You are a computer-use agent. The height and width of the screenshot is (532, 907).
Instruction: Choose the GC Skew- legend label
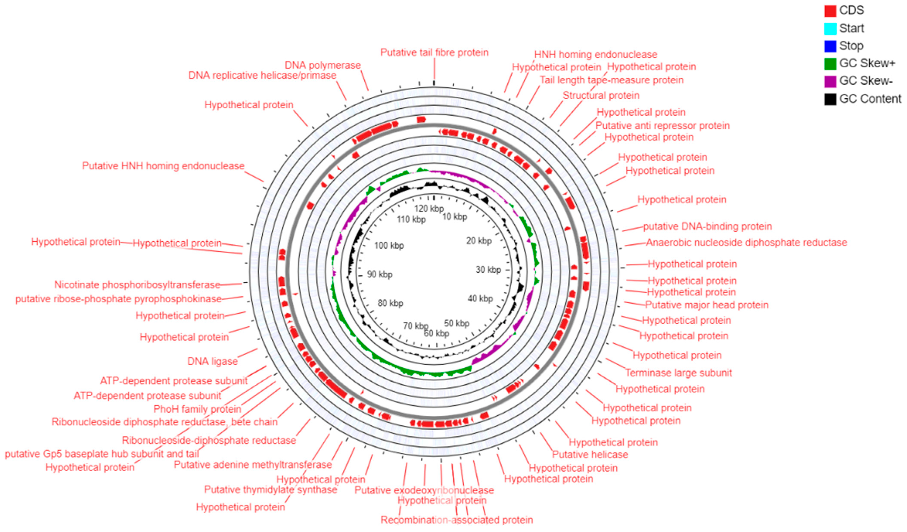point(866,81)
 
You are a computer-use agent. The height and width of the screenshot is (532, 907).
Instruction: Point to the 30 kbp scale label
point(488,270)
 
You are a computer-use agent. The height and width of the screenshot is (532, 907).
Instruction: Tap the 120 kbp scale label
point(429,208)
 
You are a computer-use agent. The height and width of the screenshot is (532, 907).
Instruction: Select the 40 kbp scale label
point(480,298)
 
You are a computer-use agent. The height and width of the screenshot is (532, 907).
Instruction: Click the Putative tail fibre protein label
point(434,53)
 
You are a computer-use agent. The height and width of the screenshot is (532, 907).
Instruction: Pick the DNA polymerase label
point(322,65)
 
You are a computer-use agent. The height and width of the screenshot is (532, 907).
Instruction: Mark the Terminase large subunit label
point(678,373)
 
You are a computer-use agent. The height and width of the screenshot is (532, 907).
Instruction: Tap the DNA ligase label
point(212,361)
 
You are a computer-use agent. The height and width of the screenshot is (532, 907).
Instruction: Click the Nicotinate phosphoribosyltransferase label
point(137,285)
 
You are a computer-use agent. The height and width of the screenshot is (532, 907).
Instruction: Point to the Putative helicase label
point(590,455)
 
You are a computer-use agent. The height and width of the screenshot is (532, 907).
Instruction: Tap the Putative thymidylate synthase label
point(271,490)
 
